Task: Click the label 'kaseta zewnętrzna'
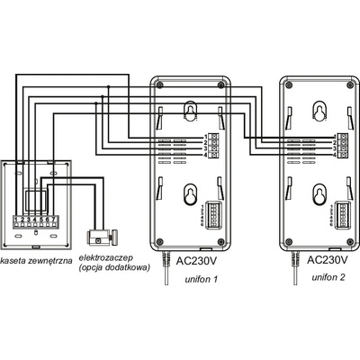coord(36,260)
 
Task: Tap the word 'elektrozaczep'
coord(106,258)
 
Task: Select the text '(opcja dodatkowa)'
coord(114,268)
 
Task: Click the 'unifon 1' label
coord(201,280)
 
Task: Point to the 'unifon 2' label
coord(328,277)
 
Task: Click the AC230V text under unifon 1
coord(196,261)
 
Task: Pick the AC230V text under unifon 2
coord(328,260)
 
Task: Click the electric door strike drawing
coord(102,237)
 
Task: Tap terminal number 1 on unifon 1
coord(206,137)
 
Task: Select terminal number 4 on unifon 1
coord(206,155)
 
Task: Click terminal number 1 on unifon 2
coord(335,136)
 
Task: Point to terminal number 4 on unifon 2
coord(335,155)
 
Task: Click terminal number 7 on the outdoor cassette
coord(53,219)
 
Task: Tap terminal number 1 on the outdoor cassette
coord(15,219)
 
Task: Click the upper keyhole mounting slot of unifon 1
coord(190,112)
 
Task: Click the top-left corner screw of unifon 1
coord(159,85)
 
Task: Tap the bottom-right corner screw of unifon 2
coord(350,241)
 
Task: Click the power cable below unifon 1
coord(166,268)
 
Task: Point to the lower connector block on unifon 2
coord(341,213)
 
